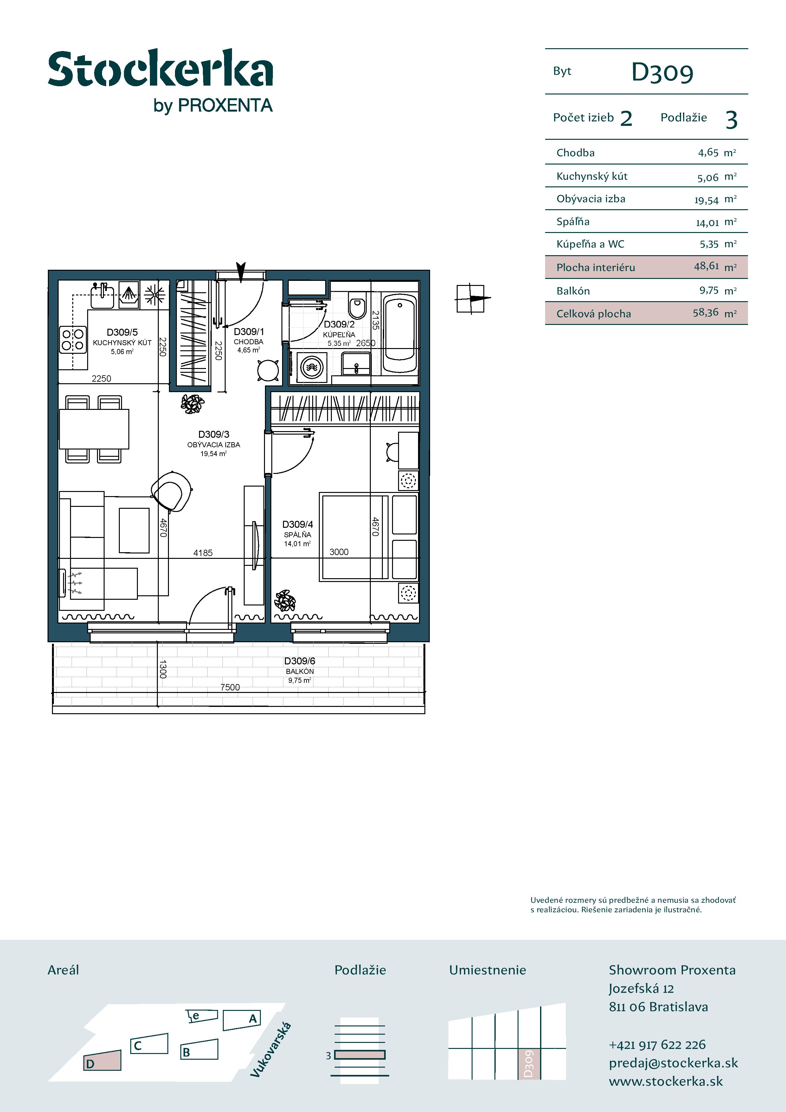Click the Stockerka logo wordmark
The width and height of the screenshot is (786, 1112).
[x=160, y=68]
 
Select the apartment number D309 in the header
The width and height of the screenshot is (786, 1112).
[x=662, y=73]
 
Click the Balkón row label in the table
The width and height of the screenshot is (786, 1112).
[x=573, y=291]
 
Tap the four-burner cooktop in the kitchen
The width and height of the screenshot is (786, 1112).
[x=73, y=339]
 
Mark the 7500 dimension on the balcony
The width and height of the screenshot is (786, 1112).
[x=230, y=687]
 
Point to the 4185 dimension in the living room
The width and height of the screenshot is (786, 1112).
[x=203, y=553]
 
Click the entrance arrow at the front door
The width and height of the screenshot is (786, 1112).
[x=241, y=271]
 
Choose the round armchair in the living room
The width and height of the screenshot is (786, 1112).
[x=171, y=491]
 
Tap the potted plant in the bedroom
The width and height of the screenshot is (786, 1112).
[x=285, y=601]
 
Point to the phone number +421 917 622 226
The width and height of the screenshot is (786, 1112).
[x=657, y=1045]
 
